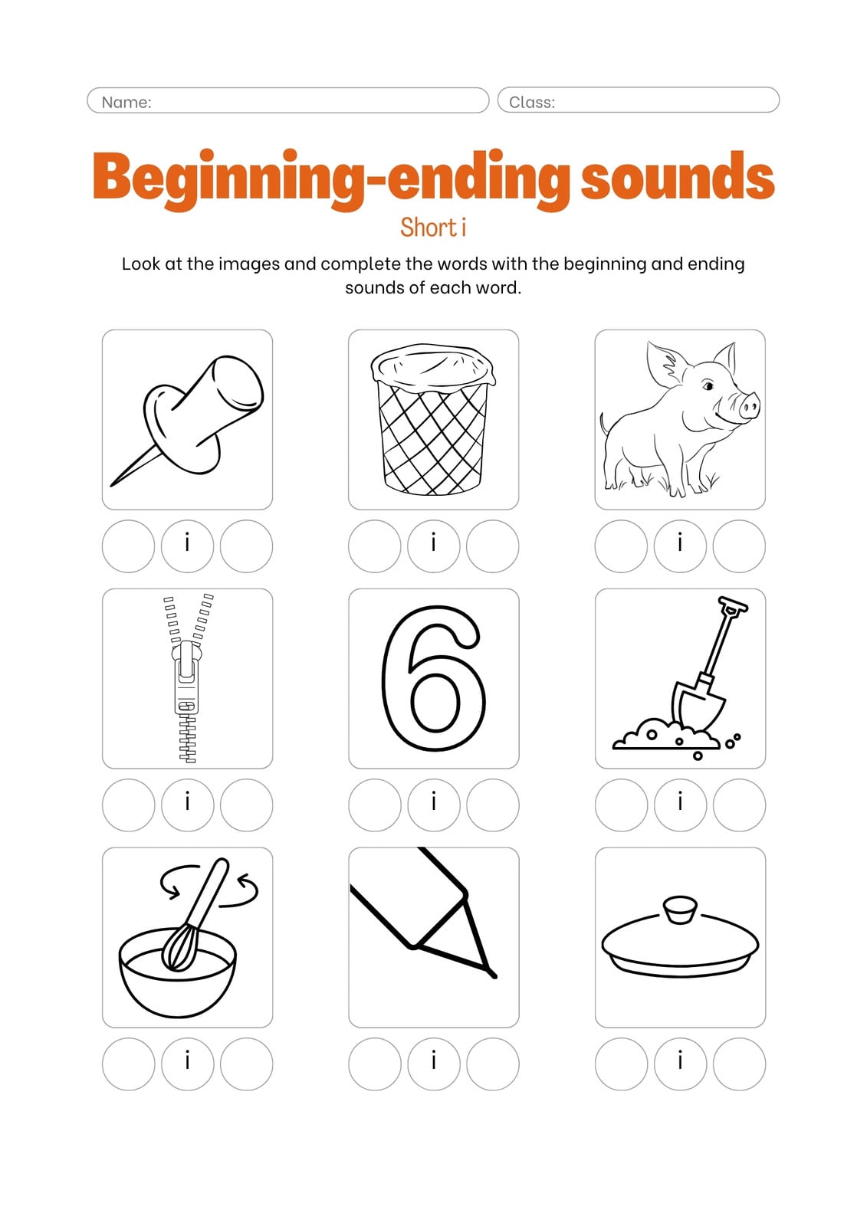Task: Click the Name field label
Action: (126, 103)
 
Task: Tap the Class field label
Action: (532, 103)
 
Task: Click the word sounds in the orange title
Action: (678, 175)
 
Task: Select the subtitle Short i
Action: (433, 227)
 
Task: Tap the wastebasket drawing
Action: (433, 419)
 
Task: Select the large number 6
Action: (433, 679)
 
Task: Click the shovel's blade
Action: (698, 706)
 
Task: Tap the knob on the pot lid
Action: (680, 909)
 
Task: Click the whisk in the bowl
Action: (191, 920)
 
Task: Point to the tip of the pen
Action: (493, 975)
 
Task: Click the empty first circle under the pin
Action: (128, 546)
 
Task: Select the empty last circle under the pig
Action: (739, 546)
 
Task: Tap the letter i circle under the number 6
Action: (433, 805)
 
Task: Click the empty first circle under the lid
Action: (621, 1064)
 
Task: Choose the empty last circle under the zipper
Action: (247, 805)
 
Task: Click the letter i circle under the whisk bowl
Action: (187, 1064)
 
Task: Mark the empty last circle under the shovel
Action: (739, 805)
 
